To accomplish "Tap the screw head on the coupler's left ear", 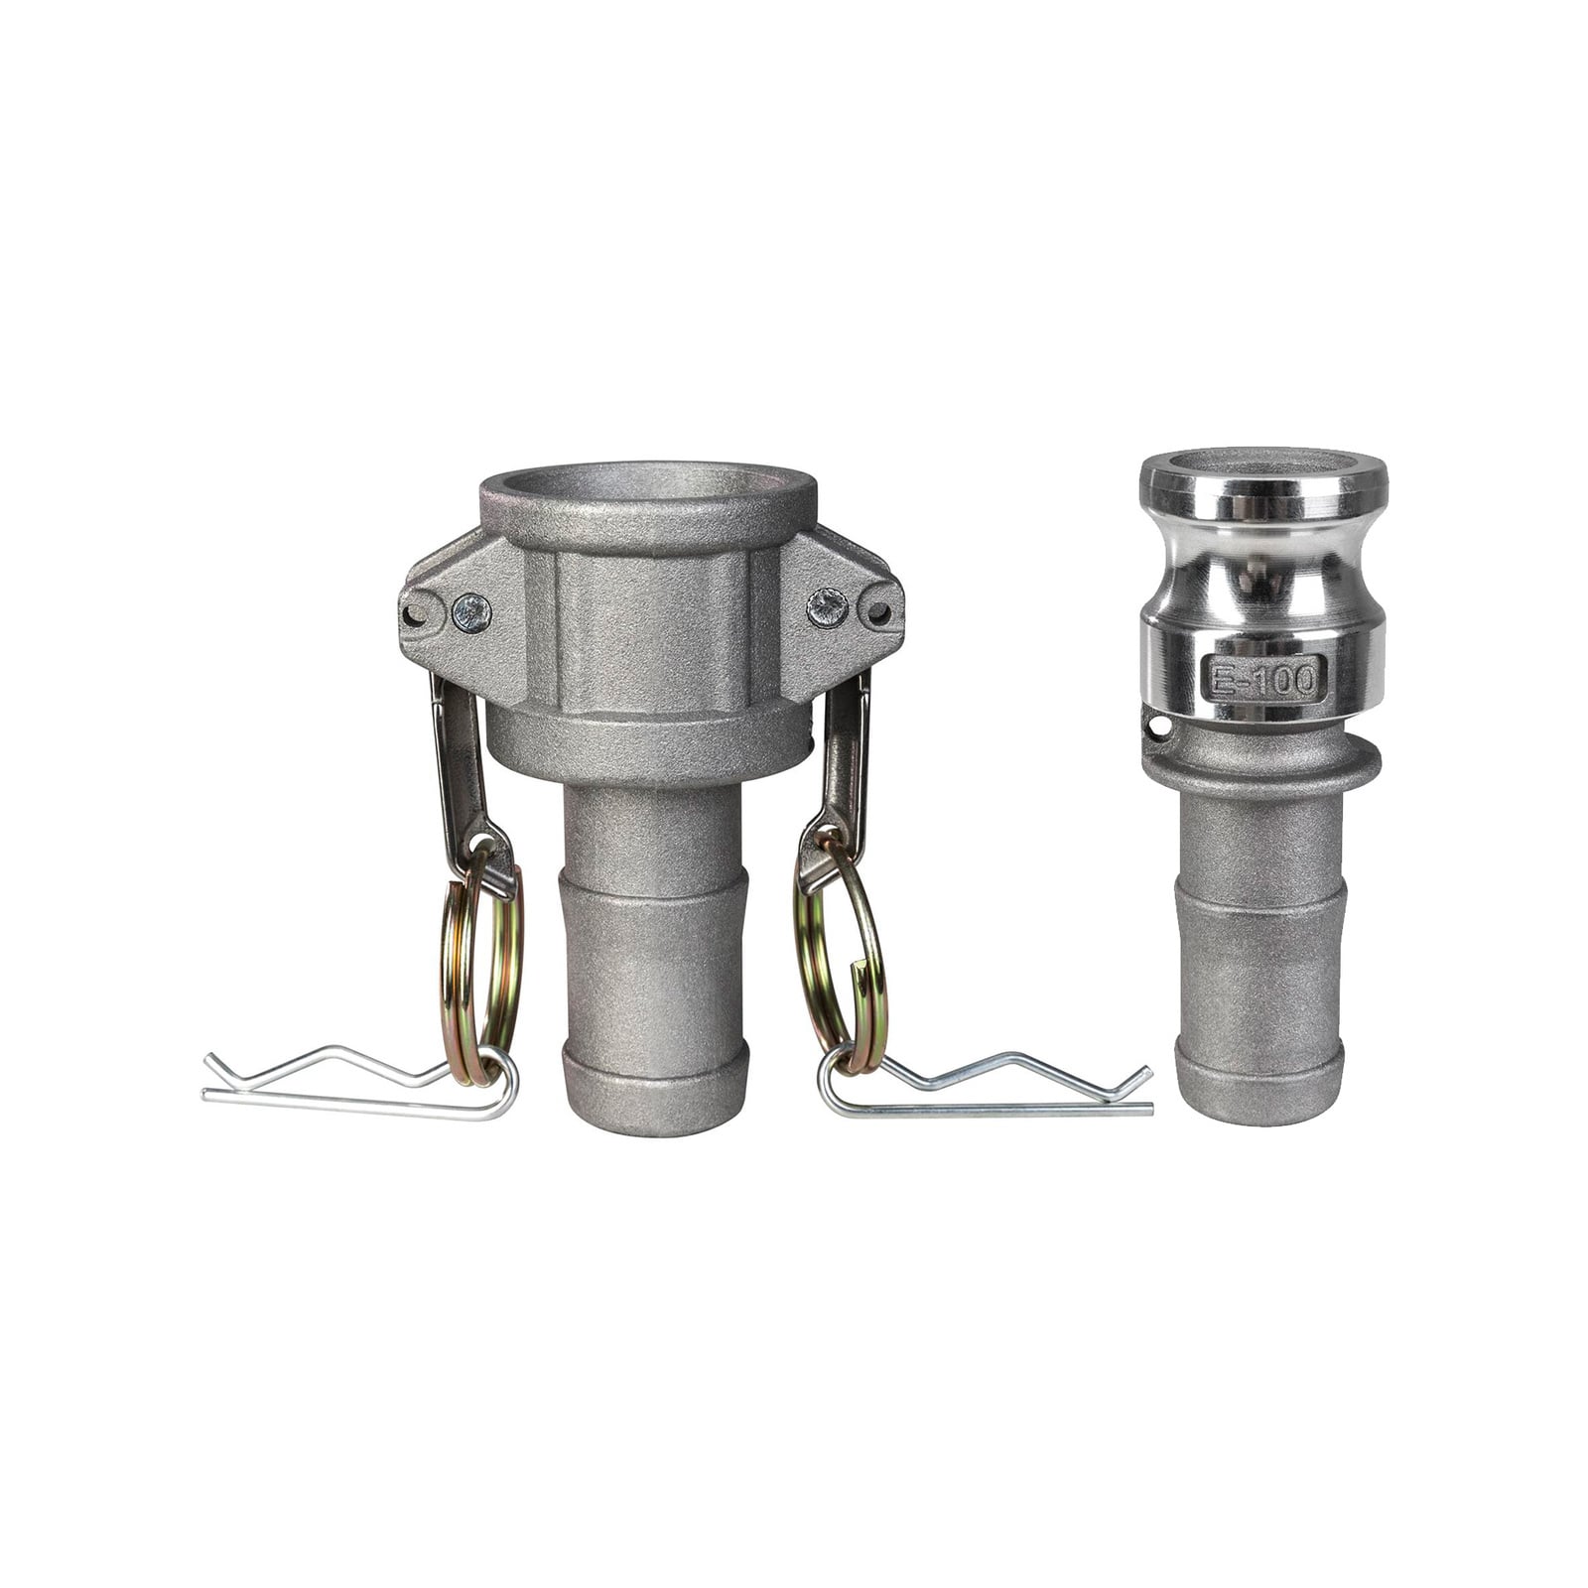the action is [470, 612].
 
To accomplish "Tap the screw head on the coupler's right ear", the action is [827, 605].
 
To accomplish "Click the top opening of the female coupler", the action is [650, 482].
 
